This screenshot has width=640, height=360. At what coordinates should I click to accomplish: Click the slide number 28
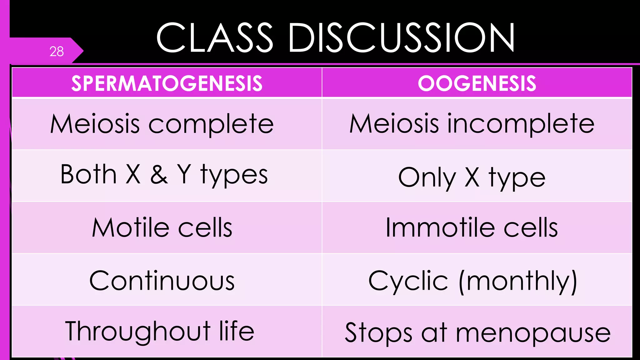(57, 52)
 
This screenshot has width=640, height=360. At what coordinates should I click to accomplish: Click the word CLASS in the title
(214, 38)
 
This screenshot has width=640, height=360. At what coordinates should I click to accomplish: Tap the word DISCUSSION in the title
(401, 38)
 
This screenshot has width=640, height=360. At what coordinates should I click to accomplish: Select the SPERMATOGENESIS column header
(167, 83)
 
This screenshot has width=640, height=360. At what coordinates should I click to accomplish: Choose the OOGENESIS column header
(477, 83)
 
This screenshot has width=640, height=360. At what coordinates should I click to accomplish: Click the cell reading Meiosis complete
(162, 124)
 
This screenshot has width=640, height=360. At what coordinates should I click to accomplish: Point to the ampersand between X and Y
(159, 174)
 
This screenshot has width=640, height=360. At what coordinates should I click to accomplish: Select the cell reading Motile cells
(162, 228)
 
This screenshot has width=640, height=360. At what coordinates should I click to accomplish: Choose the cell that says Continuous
(162, 281)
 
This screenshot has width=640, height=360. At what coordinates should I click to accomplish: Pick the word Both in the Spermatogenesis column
(88, 174)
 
